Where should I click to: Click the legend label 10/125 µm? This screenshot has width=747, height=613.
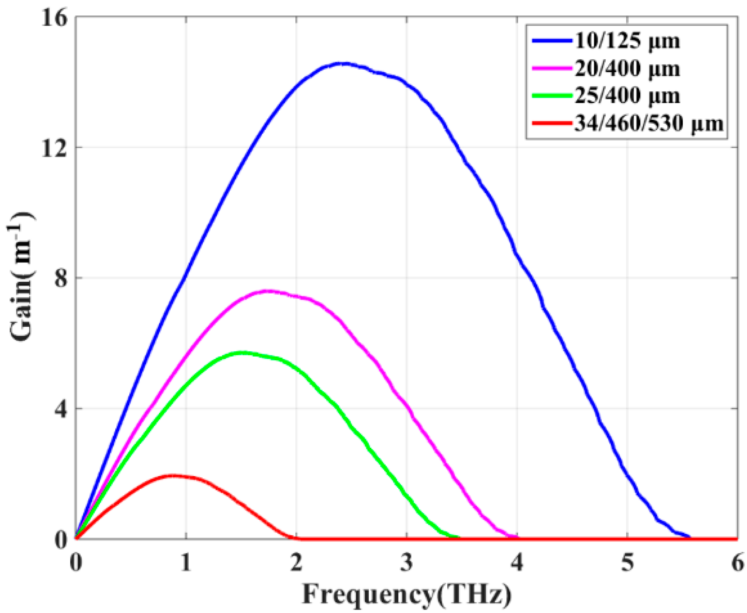click(627, 41)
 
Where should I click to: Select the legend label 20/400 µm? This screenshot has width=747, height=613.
click(627, 69)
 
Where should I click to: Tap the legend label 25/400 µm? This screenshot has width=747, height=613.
click(627, 96)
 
